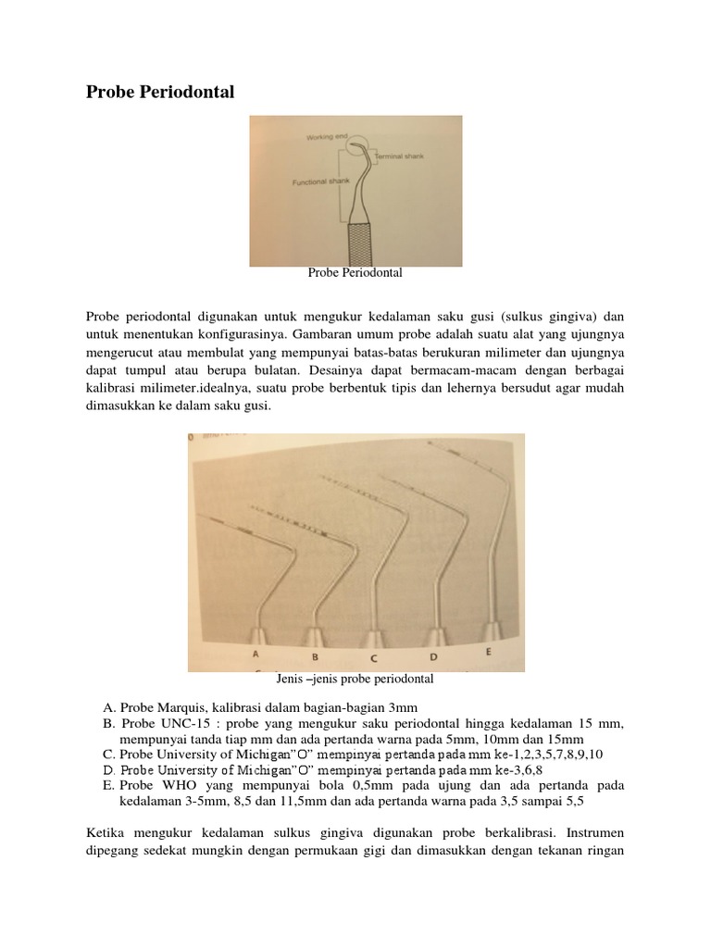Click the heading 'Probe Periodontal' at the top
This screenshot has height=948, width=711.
coord(160,92)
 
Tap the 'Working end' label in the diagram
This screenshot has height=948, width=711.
coord(324,137)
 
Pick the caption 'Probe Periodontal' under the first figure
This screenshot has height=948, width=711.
coord(355,274)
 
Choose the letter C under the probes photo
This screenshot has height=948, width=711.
coord(373,659)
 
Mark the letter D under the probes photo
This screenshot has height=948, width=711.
coord(431,657)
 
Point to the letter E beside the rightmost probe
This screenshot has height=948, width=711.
coord(488,652)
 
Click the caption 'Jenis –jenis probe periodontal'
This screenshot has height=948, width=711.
coord(355,680)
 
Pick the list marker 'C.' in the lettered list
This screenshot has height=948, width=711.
coord(108,755)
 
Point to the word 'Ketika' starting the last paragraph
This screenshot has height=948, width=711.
coord(105,834)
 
